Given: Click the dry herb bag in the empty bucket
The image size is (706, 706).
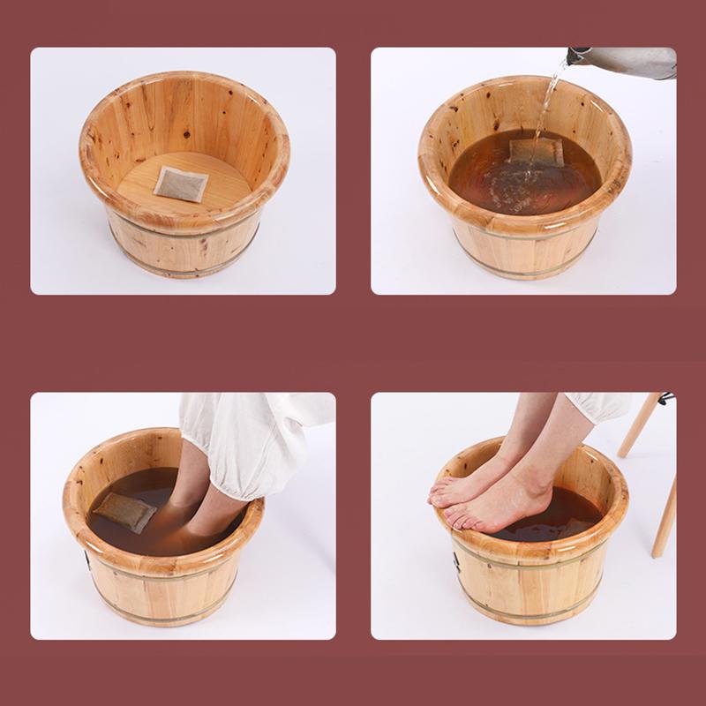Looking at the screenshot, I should (x=180, y=183).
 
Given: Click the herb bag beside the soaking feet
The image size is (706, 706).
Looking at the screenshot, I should (x=125, y=512).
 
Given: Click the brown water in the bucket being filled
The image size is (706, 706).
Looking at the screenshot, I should (x=494, y=181).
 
